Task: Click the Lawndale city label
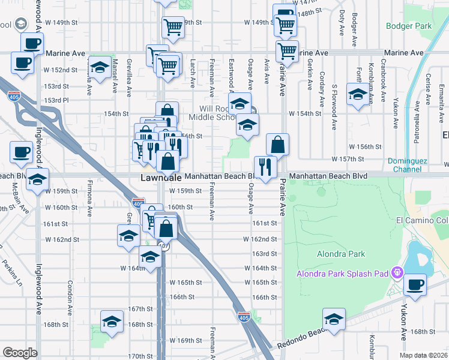point(161,178)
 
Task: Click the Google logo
point(20,353)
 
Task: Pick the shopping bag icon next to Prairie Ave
point(277,144)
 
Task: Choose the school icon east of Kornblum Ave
point(358,95)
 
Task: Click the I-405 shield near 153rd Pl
point(13,95)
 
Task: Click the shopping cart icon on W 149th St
point(173,26)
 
